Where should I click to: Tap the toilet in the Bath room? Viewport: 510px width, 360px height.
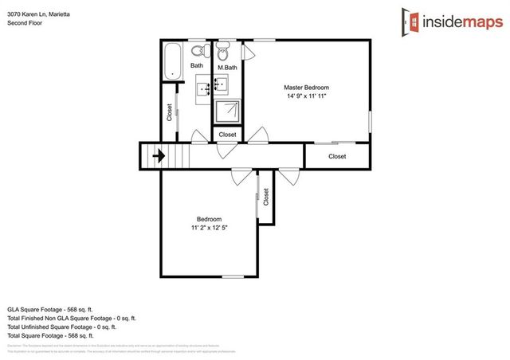tap(204, 53)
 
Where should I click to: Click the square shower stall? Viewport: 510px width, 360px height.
tap(228, 110)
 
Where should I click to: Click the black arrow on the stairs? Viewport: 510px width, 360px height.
tap(159, 155)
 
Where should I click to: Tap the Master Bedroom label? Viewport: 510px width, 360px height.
tap(306, 87)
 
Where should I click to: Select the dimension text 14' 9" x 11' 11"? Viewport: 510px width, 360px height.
tap(306, 96)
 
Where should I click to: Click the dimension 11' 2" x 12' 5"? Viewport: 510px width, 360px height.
tap(209, 228)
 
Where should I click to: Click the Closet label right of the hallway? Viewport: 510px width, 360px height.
tap(337, 156)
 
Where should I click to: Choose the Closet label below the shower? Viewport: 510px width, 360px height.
tap(227, 135)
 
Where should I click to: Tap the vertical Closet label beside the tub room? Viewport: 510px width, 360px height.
tap(169, 112)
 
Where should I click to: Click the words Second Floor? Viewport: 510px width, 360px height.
tap(24, 23)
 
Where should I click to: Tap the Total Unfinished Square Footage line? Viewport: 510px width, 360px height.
tap(61, 326)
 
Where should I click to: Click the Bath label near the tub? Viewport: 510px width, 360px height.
tap(196, 65)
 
